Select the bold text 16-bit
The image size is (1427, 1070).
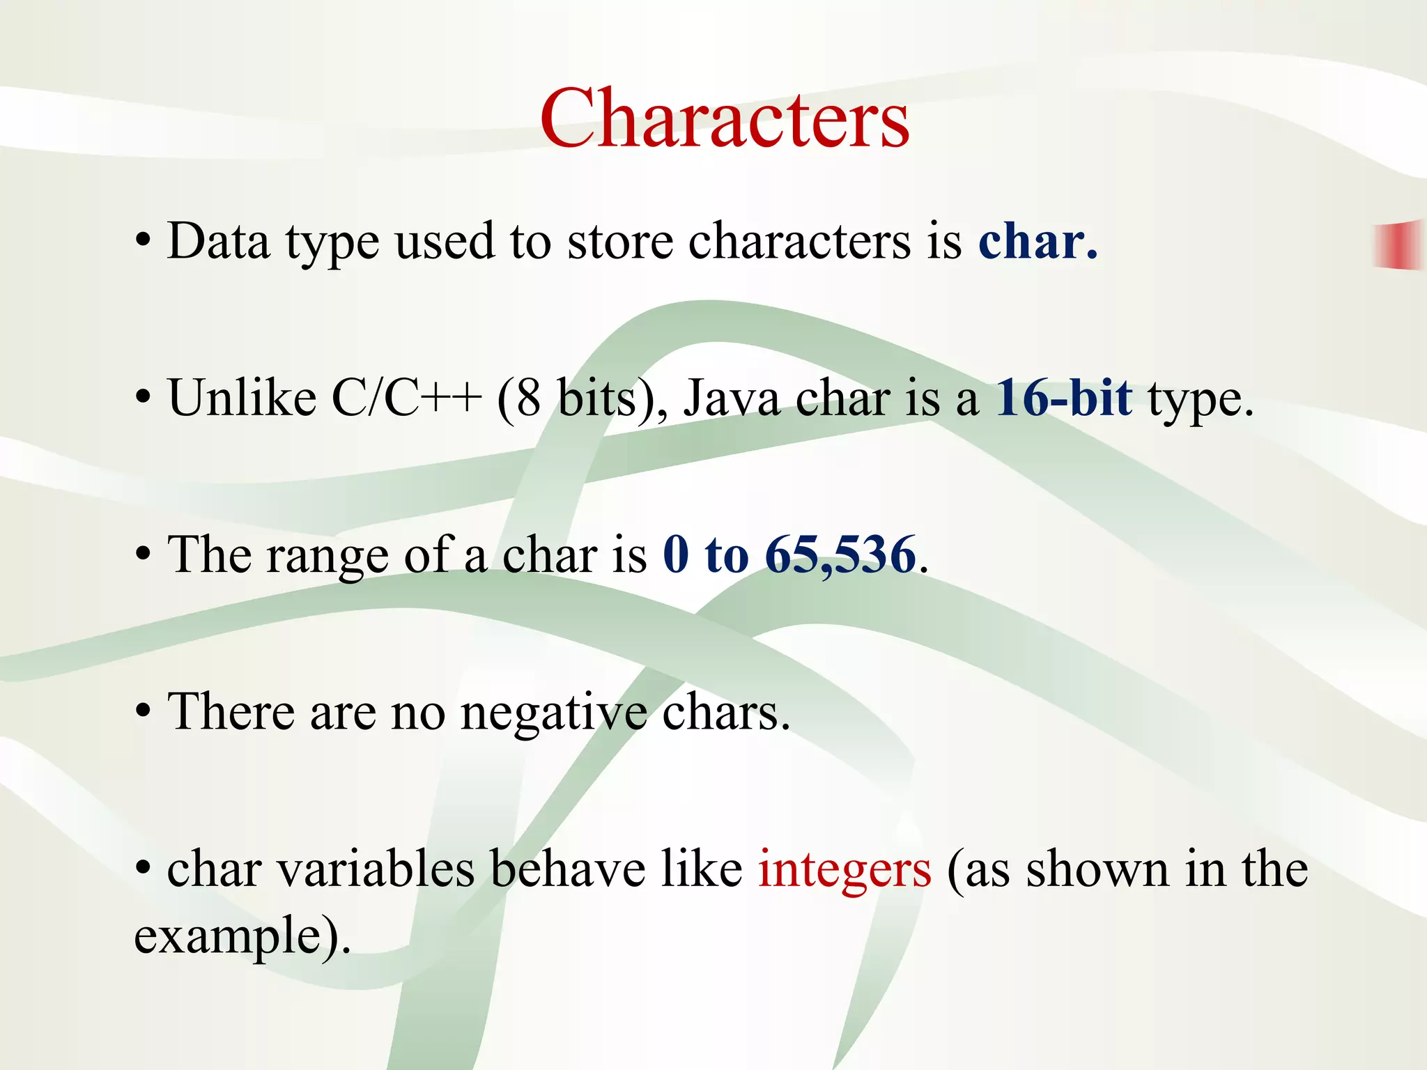click(x=1064, y=398)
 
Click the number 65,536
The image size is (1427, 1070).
click(x=840, y=555)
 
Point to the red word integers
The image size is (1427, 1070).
click(x=844, y=869)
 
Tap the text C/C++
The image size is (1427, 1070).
click(x=406, y=398)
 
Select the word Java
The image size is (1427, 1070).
click(x=731, y=398)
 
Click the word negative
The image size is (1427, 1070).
click(x=553, y=713)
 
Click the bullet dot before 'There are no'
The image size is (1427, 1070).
click(x=143, y=712)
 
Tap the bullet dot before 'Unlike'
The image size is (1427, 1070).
click(x=143, y=398)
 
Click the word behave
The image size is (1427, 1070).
click(x=568, y=869)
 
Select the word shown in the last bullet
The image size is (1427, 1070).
click(x=1097, y=869)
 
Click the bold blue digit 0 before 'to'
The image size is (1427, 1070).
click(x=676, y=555)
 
